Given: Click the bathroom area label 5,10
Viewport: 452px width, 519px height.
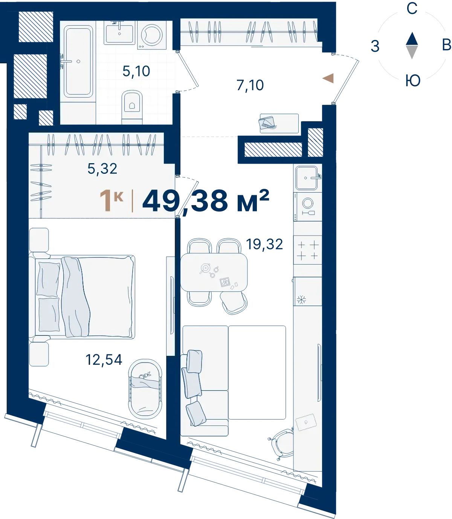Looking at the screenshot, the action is (136, 71).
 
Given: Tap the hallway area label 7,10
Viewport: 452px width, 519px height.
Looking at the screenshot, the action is (250, 85).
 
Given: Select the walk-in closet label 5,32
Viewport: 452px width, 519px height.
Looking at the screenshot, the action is (102, 169).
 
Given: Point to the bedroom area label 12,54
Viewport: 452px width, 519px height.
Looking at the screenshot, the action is (104, 360).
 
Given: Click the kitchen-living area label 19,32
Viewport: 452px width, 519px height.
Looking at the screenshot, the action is (264, 244).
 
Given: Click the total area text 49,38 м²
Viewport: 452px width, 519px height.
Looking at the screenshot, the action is (206, 201).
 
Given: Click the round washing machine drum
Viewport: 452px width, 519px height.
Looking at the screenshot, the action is (151, 35).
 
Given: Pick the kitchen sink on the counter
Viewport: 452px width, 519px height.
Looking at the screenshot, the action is (307, 178).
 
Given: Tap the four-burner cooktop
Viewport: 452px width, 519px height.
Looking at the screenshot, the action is (307, 250).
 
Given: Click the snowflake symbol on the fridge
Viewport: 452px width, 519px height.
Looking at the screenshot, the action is (301, 300).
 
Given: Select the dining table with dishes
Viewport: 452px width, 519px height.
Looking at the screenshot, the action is (214, 272).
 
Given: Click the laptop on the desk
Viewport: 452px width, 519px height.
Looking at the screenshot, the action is (306, 423).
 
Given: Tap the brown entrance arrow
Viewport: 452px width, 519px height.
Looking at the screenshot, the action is (328, 78).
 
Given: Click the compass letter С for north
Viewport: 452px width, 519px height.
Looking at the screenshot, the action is (412, 8).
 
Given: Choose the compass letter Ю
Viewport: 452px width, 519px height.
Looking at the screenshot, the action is (413, 81).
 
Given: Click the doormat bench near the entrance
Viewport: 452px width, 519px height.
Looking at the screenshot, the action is (279, 123).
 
